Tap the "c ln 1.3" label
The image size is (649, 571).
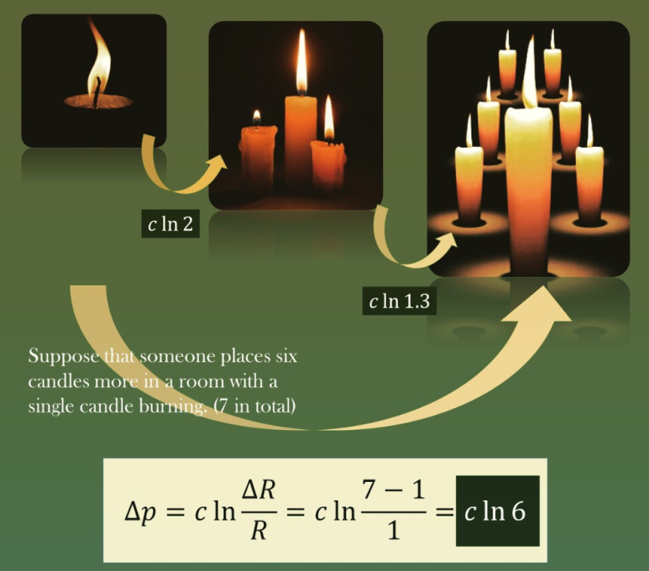tap(399, 301)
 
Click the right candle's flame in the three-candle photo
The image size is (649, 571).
tap(329, 118)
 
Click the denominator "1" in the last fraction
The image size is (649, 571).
tap(395, 532)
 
